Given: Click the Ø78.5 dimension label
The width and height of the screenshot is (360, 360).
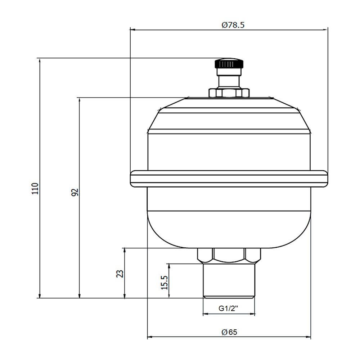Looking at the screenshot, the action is click(x=233, y=25).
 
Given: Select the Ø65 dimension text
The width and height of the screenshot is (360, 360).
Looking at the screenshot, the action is click(x=229, y=332).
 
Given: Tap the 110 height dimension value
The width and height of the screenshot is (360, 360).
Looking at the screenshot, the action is click(x=35, y=189).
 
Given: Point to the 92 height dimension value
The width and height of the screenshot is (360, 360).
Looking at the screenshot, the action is click(x=75, y=192).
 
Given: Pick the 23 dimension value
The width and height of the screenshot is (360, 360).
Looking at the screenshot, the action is click(x=120, y=274).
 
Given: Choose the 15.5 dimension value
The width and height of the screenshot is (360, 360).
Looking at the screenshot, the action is click(x=165, y=283).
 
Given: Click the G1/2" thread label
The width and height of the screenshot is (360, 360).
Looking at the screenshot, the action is click(x=228, y=309).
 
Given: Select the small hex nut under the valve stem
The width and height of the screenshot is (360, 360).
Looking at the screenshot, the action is click(x=229, y=93).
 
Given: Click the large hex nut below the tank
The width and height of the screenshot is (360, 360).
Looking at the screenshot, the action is click(x=229, y=256).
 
